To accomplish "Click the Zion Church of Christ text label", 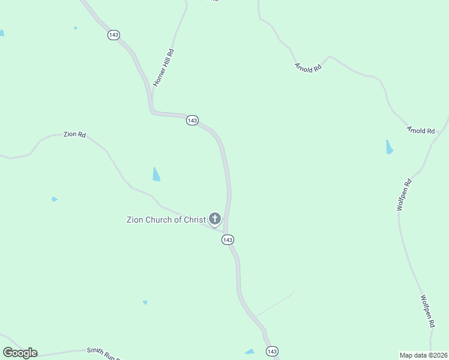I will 166,220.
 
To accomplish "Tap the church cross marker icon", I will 215,219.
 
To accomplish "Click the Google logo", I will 20,353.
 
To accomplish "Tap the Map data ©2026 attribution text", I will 424,355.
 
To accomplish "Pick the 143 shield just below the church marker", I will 227,239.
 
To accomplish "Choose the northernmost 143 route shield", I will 113,35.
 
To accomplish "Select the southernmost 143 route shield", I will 272,351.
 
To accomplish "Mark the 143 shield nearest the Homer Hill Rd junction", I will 192,121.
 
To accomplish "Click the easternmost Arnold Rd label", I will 420,130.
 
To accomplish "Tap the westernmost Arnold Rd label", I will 308,68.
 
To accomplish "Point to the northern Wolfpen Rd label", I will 403,194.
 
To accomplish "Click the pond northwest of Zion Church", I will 156,175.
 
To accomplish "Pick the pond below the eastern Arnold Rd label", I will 390,147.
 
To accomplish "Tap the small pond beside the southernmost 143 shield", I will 250,352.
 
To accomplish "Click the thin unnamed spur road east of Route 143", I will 275,304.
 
